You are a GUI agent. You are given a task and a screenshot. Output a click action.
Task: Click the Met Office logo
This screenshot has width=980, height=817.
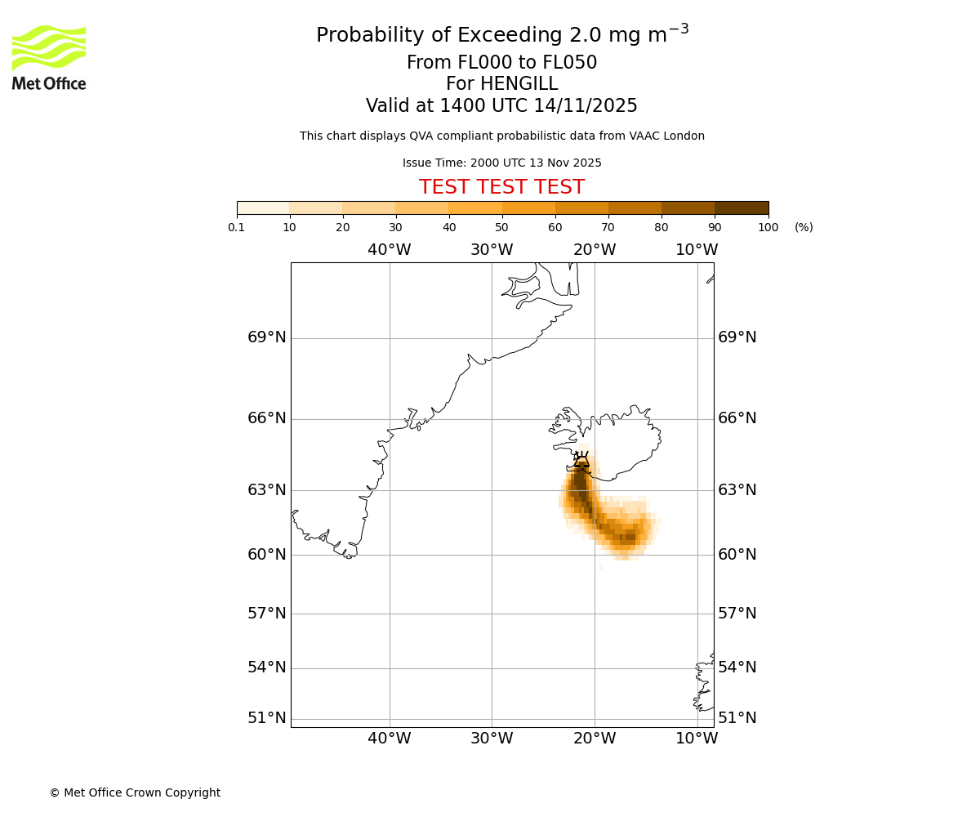click(49, 57)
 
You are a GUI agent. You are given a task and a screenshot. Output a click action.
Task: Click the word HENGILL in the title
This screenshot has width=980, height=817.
click(518, 84)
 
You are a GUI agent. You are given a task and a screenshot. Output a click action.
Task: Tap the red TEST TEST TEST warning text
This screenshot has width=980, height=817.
click(501, 187)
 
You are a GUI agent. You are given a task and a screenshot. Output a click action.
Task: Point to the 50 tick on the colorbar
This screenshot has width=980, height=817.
click(502, 227)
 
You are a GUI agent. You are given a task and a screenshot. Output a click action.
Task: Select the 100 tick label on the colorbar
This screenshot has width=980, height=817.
click(768, 227)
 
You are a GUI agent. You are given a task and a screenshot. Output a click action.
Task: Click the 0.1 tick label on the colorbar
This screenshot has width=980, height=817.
click(237, 227)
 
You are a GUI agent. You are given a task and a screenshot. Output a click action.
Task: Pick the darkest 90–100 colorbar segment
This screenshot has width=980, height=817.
click(742, 208)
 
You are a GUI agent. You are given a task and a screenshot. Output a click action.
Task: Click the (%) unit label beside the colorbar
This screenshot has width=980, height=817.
click(804, 227)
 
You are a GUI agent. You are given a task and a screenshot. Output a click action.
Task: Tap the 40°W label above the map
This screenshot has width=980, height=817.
click(390, 250)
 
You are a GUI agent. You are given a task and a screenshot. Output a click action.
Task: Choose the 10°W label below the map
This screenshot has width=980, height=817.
click(697, 739)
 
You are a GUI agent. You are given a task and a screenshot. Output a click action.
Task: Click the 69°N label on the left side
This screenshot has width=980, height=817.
click(267, 337)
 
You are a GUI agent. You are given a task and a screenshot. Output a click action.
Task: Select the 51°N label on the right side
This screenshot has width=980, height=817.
click(737, 718)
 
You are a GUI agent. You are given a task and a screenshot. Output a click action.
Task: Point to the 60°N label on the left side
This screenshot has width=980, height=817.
click(267, 555)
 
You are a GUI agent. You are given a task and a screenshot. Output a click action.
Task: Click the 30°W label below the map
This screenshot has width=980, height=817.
click(492, 739)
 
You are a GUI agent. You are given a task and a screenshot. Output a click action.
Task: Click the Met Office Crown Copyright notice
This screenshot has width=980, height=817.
click(135, 792)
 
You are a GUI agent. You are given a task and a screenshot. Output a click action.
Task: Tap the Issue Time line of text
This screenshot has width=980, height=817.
click(501, 163)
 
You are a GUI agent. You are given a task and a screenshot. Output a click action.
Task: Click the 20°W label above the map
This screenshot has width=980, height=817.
click(595, 250)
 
